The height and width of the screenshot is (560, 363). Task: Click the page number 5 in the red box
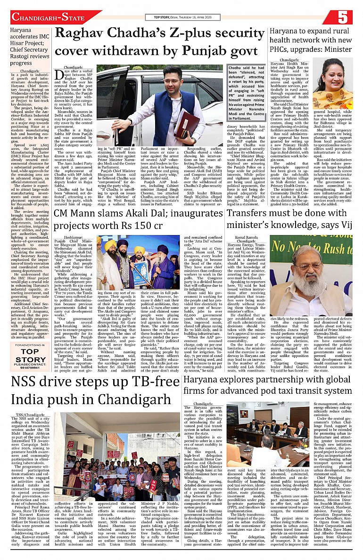pyautogui.click(x=342, y=17)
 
